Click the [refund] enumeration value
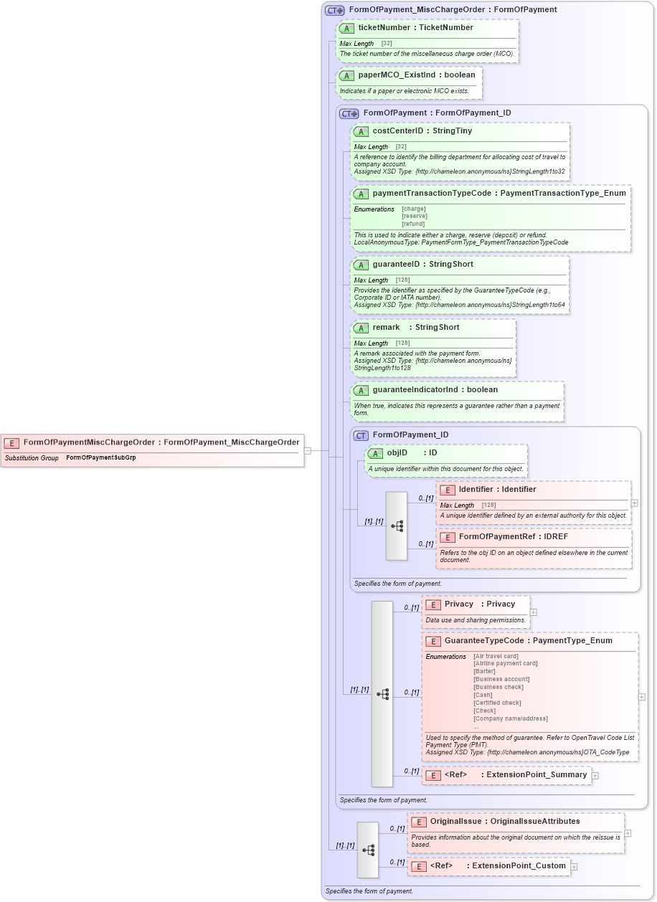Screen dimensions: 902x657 click(413, 224)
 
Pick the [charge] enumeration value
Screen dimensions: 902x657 click(413, 209)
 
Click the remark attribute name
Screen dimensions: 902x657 click(386, 328)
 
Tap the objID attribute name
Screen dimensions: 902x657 click(397, 453)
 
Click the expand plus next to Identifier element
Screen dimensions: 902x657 click(634, 503)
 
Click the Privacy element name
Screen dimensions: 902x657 click(459, 604)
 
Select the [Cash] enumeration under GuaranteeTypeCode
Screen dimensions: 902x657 click(483, 695)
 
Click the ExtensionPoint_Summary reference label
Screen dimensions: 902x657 click(536, 775)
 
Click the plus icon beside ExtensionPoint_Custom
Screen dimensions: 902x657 click(574, 867)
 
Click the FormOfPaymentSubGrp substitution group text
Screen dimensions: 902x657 click(100, 457)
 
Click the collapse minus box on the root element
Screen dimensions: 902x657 click(307, 450)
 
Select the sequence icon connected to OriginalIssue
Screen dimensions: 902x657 click(368, 850)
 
